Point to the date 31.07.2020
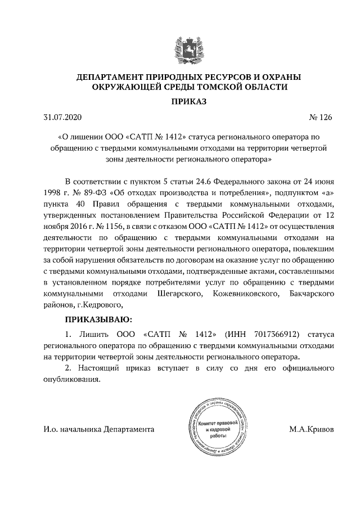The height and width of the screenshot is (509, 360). click(x=62, y=118)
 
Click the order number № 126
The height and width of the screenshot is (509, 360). click(x=321, y=118)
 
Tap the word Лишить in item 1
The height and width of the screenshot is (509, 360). click(x=91, y=333)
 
